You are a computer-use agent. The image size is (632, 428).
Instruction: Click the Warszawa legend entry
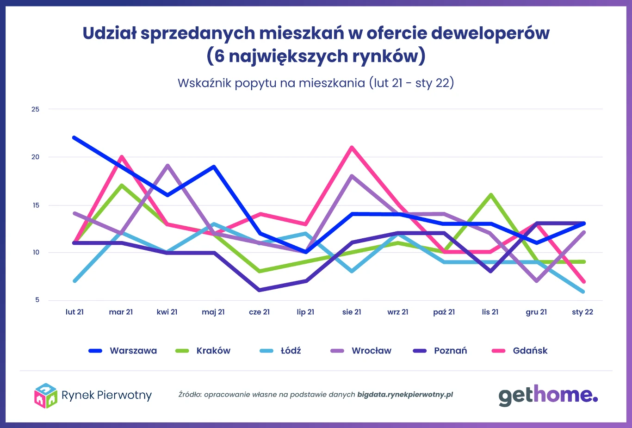point(123,351)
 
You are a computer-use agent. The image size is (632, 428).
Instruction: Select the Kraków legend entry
point(203,351)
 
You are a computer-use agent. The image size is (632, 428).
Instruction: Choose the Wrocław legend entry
point(361,351)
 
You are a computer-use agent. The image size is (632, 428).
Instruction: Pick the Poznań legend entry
point(440,351)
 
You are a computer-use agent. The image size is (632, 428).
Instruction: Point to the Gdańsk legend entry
point(520,351)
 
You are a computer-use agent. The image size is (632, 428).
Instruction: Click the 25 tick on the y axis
point(36,109)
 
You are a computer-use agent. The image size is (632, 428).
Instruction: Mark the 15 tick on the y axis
point(36,205)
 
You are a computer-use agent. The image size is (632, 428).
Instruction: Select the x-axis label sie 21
point(352,312)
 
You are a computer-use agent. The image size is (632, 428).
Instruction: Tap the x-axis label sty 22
point(582,312)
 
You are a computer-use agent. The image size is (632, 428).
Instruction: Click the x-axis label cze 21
point(259,312)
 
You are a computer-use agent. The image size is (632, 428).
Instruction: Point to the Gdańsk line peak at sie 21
point(352,147)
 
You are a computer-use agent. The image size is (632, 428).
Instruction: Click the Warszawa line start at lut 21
point(74,137)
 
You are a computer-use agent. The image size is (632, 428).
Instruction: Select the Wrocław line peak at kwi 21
point(167,165)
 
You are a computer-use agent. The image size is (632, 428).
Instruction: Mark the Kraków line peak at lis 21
point(490,195)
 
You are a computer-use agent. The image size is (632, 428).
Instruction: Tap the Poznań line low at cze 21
point(259,290)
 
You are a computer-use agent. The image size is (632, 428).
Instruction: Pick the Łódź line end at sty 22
point(583,292)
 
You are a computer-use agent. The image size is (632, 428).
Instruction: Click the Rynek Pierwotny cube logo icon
point(45,396)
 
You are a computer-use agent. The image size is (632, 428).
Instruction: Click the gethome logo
point(548,396)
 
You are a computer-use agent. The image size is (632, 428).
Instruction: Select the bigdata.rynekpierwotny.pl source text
point(405,395)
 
